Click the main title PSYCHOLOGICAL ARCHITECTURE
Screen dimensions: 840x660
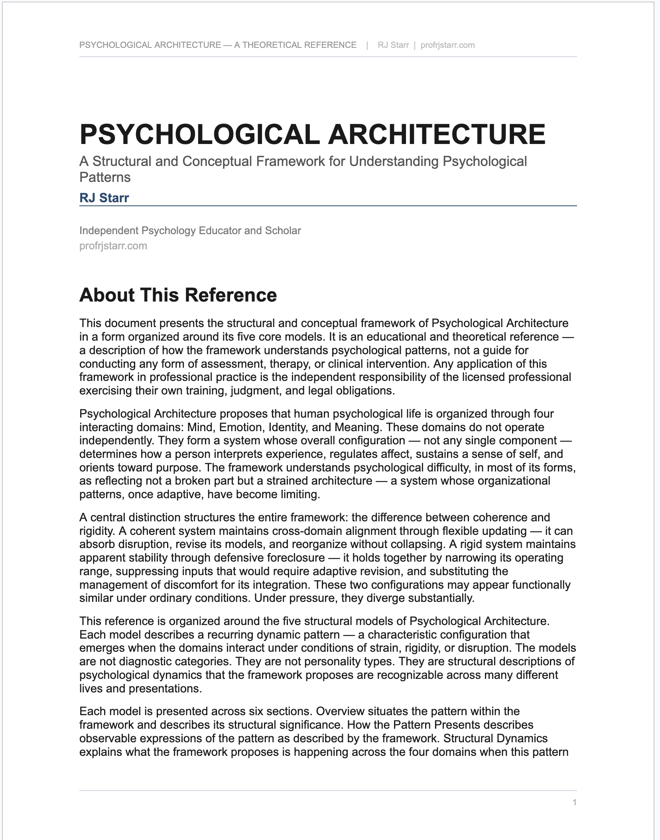312,134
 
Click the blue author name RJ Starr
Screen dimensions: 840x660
104,198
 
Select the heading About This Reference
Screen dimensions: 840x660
178,295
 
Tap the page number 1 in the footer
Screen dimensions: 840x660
574,802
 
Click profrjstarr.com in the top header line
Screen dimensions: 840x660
447,45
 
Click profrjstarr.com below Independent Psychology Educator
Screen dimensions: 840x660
113,246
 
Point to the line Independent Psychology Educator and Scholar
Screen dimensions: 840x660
190,231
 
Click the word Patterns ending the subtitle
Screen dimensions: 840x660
105,177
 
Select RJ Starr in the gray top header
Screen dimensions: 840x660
393,45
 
